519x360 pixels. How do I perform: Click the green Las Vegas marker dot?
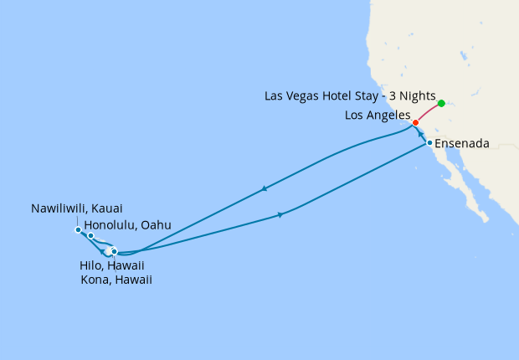441,104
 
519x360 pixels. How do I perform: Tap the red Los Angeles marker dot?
415,122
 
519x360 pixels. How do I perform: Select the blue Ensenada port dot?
429,143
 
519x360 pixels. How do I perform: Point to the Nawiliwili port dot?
78,229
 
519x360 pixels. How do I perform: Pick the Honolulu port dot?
90,236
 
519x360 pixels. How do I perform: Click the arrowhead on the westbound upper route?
265,188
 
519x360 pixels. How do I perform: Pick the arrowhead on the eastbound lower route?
280,215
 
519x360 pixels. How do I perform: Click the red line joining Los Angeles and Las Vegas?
429,112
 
